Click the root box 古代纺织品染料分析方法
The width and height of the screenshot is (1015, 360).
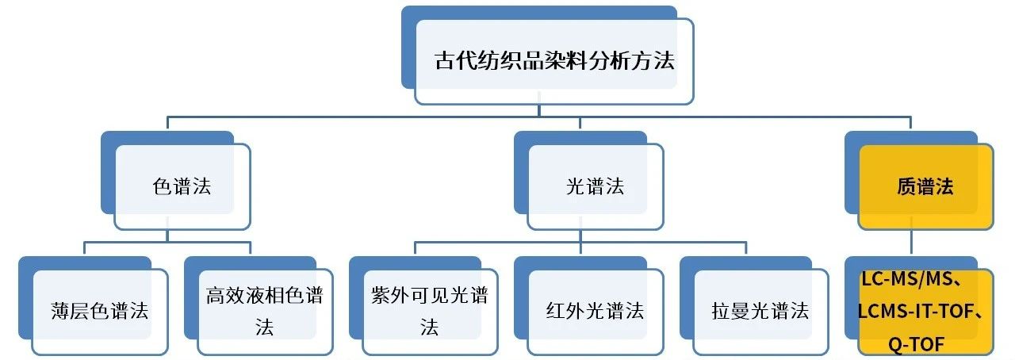point(554,61)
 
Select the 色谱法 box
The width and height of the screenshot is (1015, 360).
point(182,186)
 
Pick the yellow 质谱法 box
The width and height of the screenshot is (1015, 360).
point(925,186)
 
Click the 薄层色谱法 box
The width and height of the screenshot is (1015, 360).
point(101,311)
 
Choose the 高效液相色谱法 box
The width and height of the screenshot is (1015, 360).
point(265,311)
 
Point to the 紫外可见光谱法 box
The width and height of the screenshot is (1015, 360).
point(430,311)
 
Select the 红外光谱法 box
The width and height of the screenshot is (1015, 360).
point(595,311)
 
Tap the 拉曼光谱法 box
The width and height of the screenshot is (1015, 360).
point(760,311)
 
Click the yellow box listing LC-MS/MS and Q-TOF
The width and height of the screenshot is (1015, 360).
point(925,311)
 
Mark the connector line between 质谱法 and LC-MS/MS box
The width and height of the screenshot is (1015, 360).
point(912,243)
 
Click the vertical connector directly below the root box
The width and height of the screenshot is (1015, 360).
point(539,109)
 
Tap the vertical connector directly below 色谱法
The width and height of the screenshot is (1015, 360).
point(167,236)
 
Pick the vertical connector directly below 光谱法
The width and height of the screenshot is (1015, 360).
point(580,236)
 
